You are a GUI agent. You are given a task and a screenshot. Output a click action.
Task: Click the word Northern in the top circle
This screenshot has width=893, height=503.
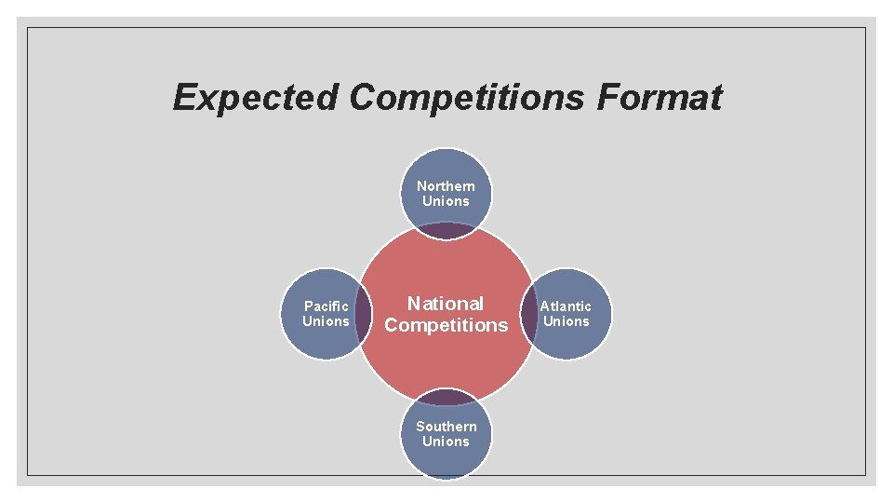point(446,186)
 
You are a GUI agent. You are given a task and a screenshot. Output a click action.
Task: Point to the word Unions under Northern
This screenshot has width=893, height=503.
point(446,201)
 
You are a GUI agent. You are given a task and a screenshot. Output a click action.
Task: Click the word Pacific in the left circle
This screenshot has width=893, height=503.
point(327,306)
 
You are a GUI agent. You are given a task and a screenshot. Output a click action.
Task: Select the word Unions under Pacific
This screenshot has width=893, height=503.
point(326,321)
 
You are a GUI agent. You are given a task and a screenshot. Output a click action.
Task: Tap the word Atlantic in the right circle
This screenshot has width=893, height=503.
point(566,306)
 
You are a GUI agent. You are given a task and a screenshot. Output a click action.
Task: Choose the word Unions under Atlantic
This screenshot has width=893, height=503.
point(566,321)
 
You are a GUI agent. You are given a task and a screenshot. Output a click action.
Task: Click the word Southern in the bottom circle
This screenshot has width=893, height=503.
point(446,427)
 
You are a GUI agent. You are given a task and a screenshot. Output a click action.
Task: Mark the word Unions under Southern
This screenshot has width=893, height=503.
point(446,442)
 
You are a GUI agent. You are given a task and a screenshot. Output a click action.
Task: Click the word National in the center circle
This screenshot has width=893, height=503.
point(446,304)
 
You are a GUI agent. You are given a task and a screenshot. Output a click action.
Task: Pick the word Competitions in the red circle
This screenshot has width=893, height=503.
point(446,325)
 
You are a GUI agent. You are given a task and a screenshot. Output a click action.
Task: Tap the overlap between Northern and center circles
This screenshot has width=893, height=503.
point(446,230)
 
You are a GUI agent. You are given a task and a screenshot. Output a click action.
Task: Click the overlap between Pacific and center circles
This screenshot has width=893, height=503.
point(364,314)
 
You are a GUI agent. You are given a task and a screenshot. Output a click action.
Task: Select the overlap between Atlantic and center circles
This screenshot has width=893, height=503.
point(528,314)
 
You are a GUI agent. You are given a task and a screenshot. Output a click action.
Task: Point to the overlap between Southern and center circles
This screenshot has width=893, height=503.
point(446,397)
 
